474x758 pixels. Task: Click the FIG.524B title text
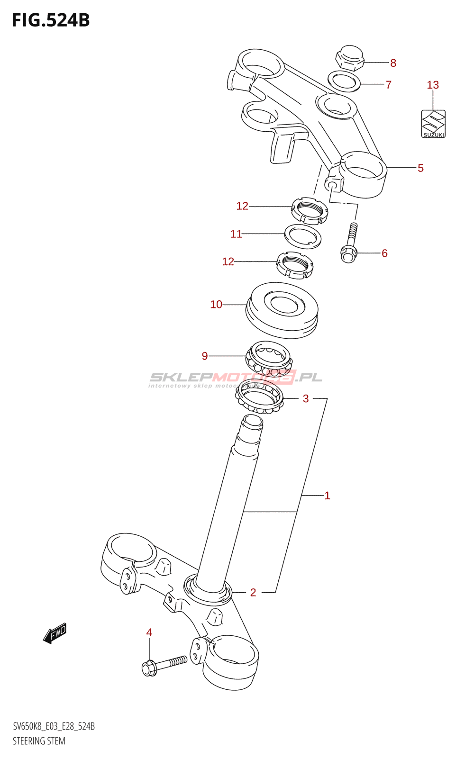(51, 20)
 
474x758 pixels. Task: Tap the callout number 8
(393, 63)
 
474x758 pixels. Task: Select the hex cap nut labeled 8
(350, 58)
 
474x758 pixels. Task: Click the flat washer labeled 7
(344, 81)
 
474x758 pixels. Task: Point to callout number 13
(433, 85)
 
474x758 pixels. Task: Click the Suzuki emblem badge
(434, 124)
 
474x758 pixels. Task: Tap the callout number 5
(420, 168)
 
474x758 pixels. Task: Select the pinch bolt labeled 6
(350, 244)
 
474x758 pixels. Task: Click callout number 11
(236, 234)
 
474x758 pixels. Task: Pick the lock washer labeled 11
(303, 236)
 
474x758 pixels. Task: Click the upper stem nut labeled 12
(310, 210)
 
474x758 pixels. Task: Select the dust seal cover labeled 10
(283, 310)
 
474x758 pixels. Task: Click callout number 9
(205, 356)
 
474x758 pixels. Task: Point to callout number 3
(306, 399)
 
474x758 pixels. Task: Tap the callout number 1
(327, 496)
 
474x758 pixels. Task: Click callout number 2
(253, 593)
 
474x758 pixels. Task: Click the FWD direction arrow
(55, 633)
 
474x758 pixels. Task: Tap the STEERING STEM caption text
(39, 741)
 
